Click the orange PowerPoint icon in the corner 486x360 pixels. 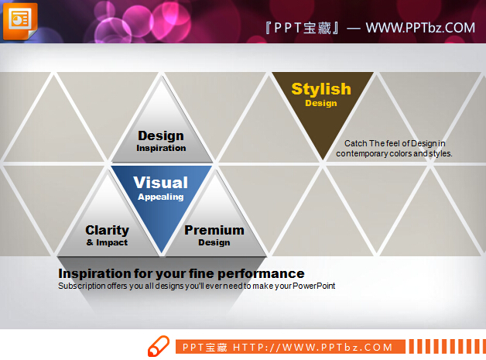(x=20, y=21)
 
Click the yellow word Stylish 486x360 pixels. (x=321, y=89)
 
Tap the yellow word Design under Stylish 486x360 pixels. (x=321, y=103)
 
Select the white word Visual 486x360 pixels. (x=160, y=183)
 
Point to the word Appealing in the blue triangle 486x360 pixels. (x=160, y=197)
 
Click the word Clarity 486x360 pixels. (x=108, y=230)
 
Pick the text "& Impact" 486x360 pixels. (x=107, y=242)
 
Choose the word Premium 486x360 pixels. (x=214, y=230)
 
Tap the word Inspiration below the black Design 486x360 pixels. (x=161, y=148)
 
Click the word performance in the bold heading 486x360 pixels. (x=261, y=273)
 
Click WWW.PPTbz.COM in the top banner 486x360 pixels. (x=420, y=28)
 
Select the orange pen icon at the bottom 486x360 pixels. (x=159, y=346)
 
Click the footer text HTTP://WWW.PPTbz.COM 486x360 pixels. (x=313, y=348)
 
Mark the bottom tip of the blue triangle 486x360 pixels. (x=162, y=253)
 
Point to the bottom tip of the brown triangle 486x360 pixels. (x=323, y=160)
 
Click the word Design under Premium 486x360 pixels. (x=214, y=242)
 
